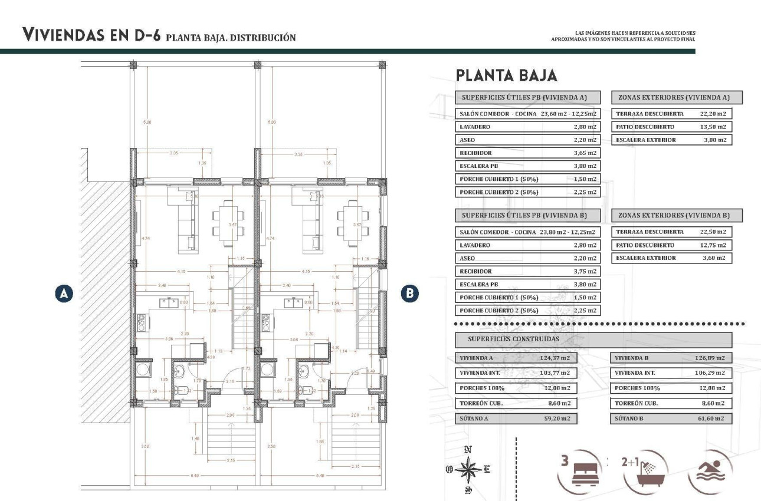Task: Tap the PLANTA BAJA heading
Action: click(506, 75)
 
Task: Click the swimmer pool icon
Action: click(710, 471)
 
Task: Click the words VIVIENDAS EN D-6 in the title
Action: click(91, 35)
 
